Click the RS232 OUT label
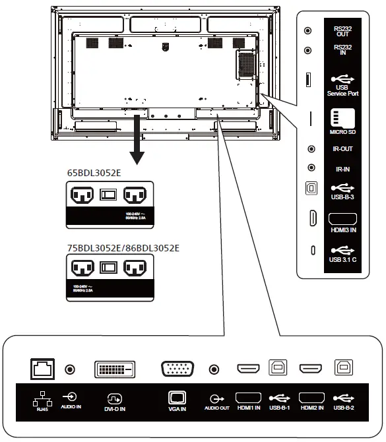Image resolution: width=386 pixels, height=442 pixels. tap(342, 30)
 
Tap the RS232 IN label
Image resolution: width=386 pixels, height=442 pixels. tap(342, 50)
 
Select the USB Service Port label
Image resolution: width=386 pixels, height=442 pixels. tap(342, 90)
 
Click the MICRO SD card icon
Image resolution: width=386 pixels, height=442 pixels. tap(342, 119)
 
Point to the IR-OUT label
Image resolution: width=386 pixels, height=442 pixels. tap(342, 149)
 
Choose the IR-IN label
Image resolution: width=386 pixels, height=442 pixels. tap(342, 169)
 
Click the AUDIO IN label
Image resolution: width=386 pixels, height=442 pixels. tap(71, 408)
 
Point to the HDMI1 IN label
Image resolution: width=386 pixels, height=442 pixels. tap(249, 408)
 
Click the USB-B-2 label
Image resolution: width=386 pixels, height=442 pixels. tap(344, 408)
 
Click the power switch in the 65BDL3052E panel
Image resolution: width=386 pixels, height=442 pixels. tap(108, 195)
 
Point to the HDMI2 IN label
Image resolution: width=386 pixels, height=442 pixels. tap(312, 408)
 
